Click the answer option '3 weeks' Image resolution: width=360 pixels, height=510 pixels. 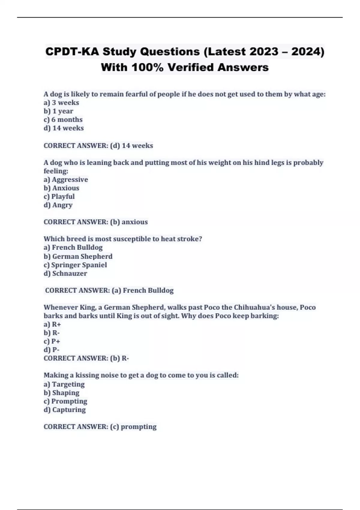click(x=61, y=103)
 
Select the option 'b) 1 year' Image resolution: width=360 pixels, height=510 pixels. click(x=58, y=111)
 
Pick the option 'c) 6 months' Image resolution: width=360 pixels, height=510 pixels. click(x=63, y=119)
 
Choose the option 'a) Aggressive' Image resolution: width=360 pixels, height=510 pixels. click(x=66, y=179)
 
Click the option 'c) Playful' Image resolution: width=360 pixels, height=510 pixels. click(x=59, y=196)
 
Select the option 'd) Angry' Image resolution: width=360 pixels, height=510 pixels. click(x=58, y=205)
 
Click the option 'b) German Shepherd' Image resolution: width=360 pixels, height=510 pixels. click(x=78, y=256)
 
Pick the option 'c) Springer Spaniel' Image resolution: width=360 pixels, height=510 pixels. click(x=75, y=265)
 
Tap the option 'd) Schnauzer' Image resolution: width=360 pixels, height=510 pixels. click(x=65, y=273)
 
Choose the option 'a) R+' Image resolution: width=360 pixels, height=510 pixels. click(x=52, y=324)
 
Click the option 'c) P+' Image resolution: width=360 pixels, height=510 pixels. click(x=52, y=341)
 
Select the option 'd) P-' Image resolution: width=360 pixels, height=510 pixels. click(x=52, y=350)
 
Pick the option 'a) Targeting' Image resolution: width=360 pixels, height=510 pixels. click(x=64, y=384)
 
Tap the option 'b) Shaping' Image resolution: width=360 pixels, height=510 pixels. click(x=61, y=393)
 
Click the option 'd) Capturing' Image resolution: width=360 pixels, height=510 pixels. click(x=65, y=410)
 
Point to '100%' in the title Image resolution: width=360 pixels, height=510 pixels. click(x=147, y=67)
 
